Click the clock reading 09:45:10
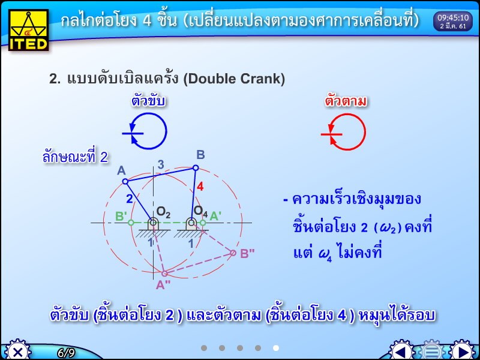[x=453, y=22]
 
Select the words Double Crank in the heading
[x=235, y=79]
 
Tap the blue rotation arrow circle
[x=148, y=131]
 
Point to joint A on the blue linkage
[x=125, y=181]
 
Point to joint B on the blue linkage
[x=196, y=168]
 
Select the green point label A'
[x=215, y=215]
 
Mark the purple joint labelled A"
[x=165, y=274]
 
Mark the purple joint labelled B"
[x=233, y=253]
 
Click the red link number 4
[x=200, y=187]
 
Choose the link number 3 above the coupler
[x=160, y=164]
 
